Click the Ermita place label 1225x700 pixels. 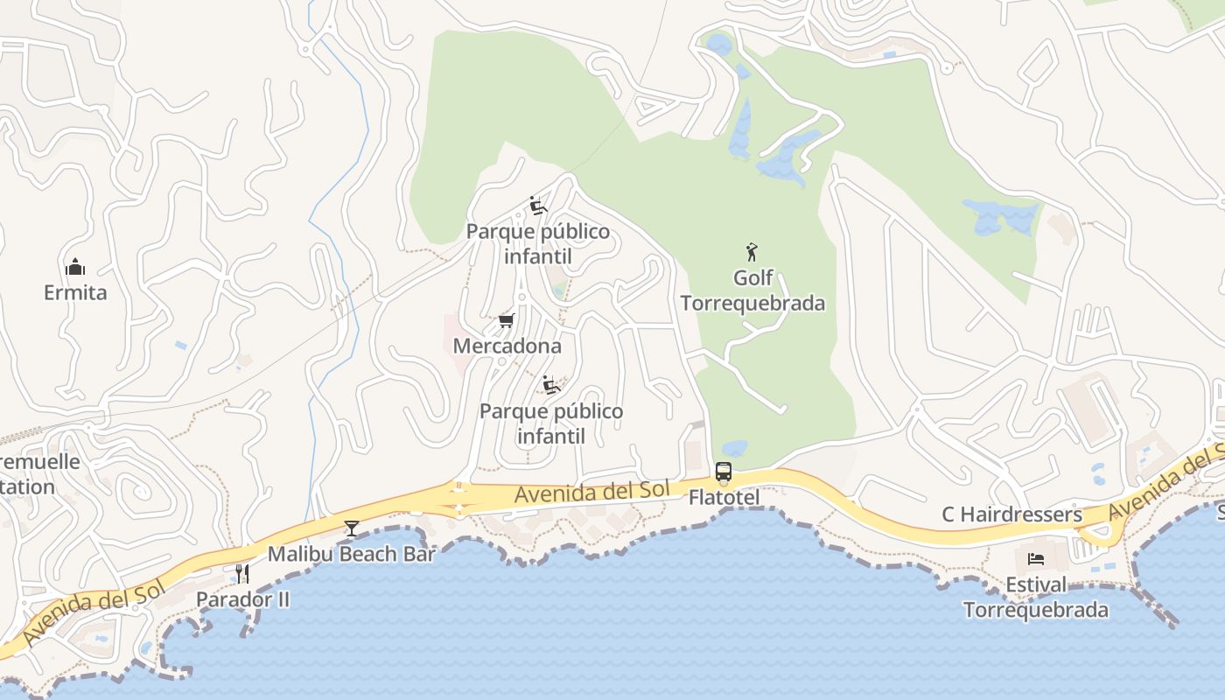(x=75, y=292)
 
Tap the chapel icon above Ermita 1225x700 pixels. (x=75, y=267)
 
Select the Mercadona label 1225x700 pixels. (x=507, y=346)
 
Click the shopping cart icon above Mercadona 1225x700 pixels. (x=506, y=321)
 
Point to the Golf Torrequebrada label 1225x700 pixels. (x=752, y=290)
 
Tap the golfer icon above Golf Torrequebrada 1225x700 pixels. (x=752, y=253)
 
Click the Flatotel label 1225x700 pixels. (x=724, y=497)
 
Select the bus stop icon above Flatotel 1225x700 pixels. (x=724, y=472)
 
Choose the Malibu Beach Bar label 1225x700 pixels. (x=351, y=553)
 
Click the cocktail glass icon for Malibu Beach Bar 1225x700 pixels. (x=352, y=528)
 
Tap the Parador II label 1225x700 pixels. (x=242, y=599)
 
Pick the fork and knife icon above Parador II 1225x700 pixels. (x=242, y=574)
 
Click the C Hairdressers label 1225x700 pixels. (x=1011, y=514)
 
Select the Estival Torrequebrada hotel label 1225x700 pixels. (x=1036, y=597)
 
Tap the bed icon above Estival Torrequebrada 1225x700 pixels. (x=1036, y=558)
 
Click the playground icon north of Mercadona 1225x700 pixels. (x=538, y=206)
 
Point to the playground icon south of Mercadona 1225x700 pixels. (x=551, y=385)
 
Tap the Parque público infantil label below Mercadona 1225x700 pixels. (x=551, y=423)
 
